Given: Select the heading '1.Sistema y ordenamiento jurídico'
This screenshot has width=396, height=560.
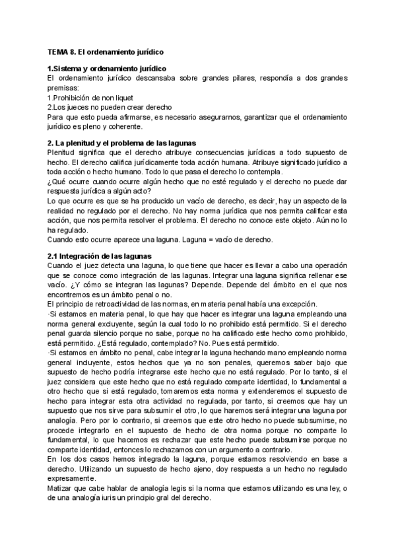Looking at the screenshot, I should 107,69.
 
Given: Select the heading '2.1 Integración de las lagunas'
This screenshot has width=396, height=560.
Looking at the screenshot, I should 100,256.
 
